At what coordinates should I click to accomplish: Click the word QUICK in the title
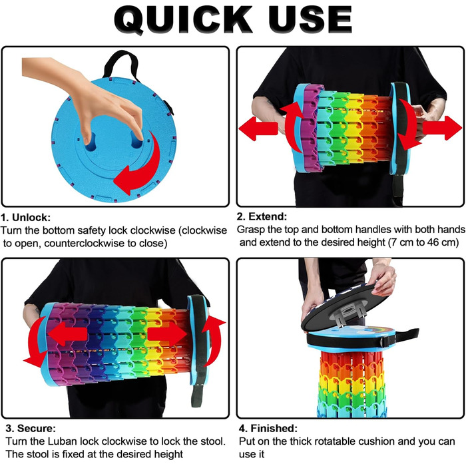(183, 20)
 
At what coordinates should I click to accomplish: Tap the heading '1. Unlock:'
(25, 218)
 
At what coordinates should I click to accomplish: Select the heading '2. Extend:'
(262, 216)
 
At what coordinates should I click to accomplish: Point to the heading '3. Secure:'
(31, 428)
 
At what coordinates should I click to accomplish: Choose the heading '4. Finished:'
(268, 428)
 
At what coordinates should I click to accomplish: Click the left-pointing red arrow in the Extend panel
(258, 128)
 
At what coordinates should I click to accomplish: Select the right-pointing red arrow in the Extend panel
(443, 128)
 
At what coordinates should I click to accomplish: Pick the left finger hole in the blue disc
(90, 142)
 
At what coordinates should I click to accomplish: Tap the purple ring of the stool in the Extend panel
(312, 128)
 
